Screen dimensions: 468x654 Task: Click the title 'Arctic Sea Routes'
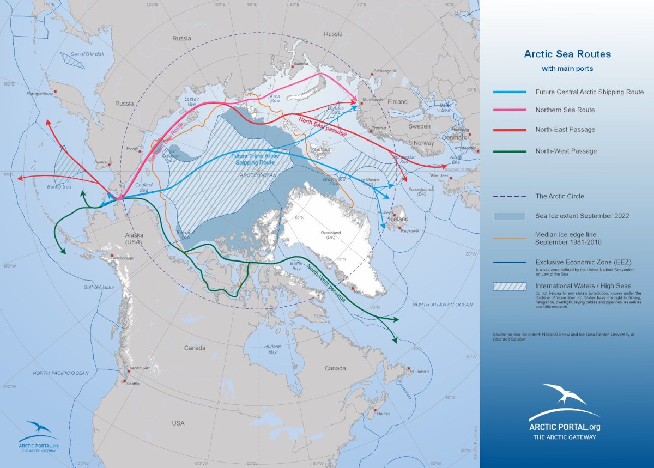[567, 54]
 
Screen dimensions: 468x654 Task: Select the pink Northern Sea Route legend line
[510, 110]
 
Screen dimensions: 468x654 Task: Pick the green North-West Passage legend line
[510, 151]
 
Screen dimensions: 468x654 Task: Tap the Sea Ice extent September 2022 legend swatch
[510, 216]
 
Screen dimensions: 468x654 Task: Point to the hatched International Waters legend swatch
[510, 287]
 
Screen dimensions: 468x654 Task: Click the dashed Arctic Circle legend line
[510, 196]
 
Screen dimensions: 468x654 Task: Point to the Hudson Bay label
[272, 349]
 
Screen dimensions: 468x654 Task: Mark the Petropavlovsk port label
[39, 94]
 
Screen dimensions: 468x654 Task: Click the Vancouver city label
[140, 368]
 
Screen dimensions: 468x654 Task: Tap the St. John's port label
[420, 372]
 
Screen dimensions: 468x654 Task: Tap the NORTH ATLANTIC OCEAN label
[443, 305]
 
